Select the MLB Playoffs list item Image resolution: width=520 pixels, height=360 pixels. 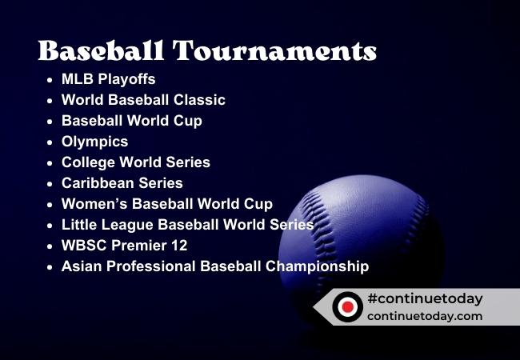click(108, 79)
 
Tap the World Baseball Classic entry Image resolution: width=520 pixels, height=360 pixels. click(143, 100)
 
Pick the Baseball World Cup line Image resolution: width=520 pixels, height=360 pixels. click(131, 121)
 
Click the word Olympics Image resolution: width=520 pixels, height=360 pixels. click(94, 142)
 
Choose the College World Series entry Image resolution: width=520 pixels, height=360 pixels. click(136, 162)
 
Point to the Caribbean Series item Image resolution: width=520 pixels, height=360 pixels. click(122, 183)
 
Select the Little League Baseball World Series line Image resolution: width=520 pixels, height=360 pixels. click(187, 225)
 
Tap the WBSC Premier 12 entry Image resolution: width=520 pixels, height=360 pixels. click(124, 246)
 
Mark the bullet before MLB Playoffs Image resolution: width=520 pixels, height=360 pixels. click(50, 80)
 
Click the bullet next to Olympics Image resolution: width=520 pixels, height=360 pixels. click(50, 142)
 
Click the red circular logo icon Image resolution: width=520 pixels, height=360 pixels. click(346, 306)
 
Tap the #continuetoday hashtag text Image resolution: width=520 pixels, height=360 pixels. click(425, 298)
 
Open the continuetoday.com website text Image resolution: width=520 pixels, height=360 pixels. click(425, 316)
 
